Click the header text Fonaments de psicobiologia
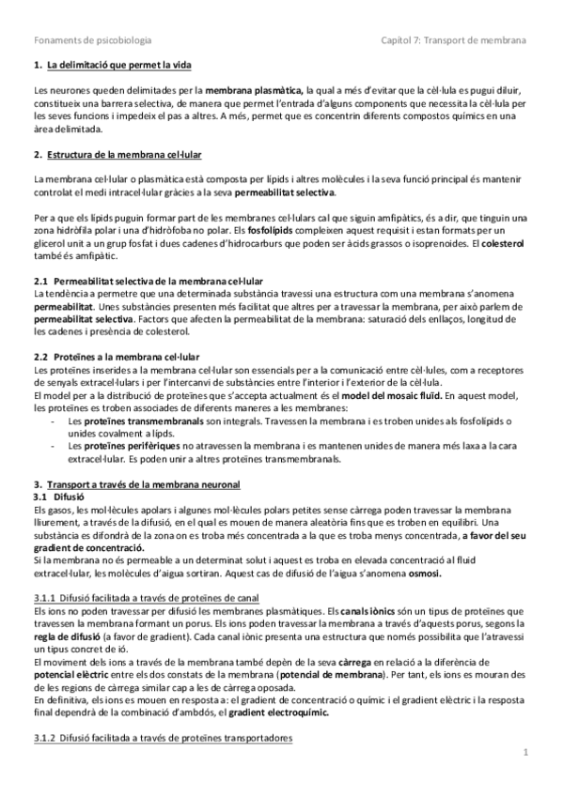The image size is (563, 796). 92,40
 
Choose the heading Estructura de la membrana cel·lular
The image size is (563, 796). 125,154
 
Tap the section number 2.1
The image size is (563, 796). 39,281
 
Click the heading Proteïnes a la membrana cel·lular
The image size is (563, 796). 127,357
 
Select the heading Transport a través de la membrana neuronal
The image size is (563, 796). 145,483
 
